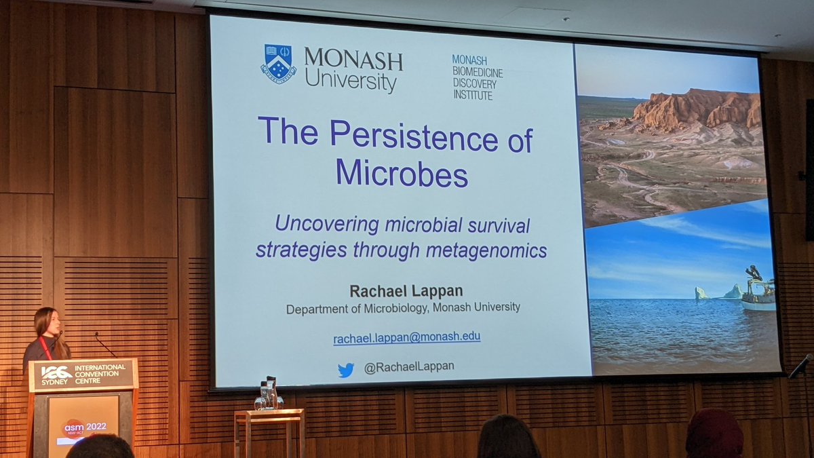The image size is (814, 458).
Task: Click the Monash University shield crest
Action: coord(278,63)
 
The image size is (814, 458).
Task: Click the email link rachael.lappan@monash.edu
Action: coord(407,337)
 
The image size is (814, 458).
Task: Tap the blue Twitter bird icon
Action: coord(346,370)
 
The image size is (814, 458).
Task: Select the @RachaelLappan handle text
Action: coord(408,367)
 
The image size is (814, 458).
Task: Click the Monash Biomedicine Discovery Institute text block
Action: coord(477,77)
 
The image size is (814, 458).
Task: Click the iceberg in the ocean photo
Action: coord(701,293)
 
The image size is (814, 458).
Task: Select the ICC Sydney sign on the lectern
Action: coord(83,374)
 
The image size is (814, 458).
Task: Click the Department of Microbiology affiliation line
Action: coord(403,307)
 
